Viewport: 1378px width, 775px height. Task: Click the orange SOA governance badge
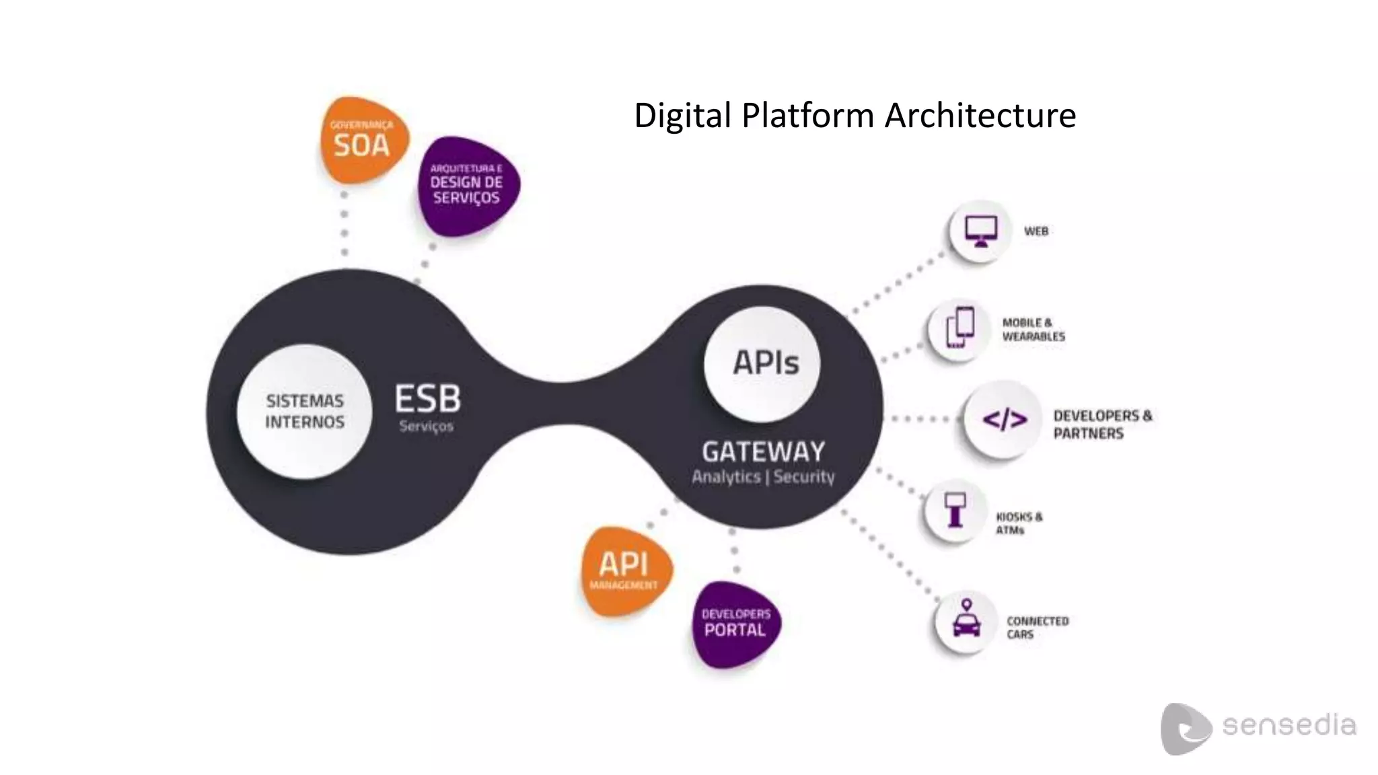coord(363,140)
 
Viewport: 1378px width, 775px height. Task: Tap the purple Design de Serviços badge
coord(467,185)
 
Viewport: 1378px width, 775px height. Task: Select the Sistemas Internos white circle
coord(304,412)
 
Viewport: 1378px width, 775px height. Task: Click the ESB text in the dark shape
coord(428,399)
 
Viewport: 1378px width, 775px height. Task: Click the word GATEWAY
coord(763,451)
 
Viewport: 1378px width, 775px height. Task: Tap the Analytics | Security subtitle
coord(763,477)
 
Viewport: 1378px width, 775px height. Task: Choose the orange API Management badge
coord(624,570)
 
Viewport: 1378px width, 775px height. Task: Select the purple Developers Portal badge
coord(735,624)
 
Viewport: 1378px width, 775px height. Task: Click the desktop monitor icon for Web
coord(980,231)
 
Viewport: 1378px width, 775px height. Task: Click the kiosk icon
coord(955,510)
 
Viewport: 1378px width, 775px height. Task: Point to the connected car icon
coord(966,620)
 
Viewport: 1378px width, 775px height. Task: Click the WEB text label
coord(1036,231)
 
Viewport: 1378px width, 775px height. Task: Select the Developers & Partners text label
coord(1101,425)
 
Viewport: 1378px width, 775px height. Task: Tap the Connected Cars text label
coord(1037,628)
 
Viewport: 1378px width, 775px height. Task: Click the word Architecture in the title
coord(980,115)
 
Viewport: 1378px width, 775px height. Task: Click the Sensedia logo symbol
coord(1184,729)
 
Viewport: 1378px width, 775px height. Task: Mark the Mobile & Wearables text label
coord(1033,330)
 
